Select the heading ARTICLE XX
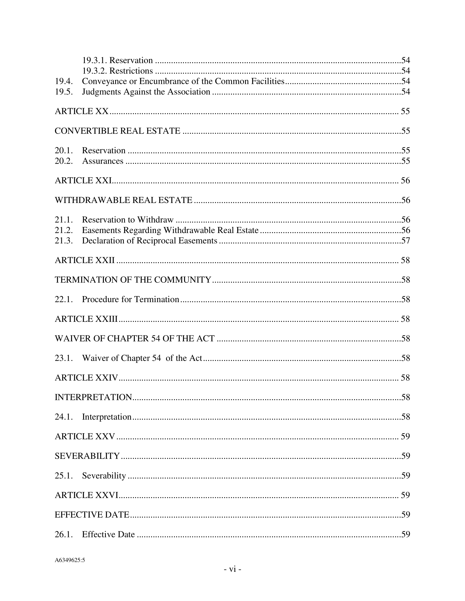coord(82,111)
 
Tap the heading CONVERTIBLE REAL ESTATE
coord(117,131)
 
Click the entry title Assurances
coord(103,161)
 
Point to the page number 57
coord(405,241)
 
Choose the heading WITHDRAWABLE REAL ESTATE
coord(123,200)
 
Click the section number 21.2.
coord(64,230)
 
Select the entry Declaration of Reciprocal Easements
coord(150,241)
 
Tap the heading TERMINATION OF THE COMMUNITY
coord(133,280)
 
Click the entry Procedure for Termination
coord(130,299)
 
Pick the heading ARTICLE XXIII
coord(86,319)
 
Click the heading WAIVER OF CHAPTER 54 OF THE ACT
coord(134,338)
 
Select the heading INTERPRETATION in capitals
coord(93,397)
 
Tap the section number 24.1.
coord(64,417)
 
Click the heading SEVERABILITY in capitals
coord(87,456)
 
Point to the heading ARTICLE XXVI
coord(86,495)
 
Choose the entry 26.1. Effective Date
coord(108,534)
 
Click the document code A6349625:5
coord(70,560)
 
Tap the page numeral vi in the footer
coord(233,569)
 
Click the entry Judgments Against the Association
coord(146,92)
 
